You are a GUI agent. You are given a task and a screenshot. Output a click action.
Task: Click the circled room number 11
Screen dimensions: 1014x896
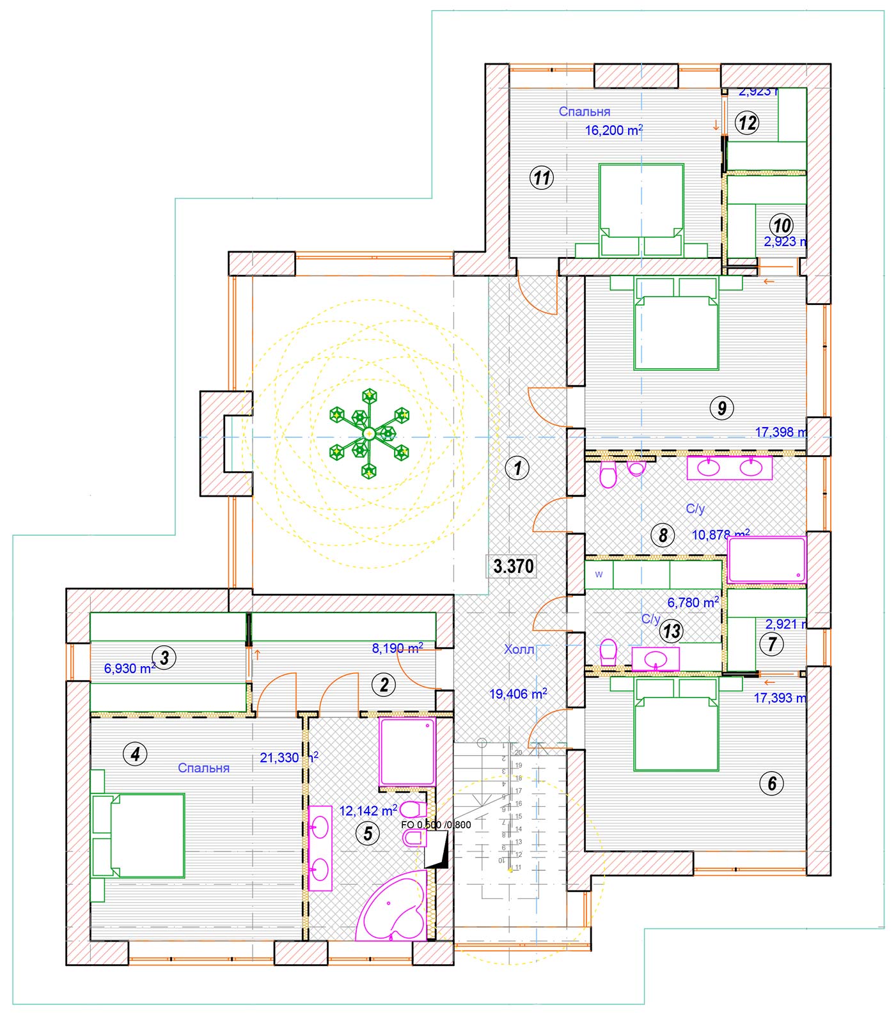click(542, 177)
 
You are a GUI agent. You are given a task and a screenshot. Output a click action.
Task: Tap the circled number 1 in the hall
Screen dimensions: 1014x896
click(517, 468)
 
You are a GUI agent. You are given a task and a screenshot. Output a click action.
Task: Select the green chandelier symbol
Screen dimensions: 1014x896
click(369, 433)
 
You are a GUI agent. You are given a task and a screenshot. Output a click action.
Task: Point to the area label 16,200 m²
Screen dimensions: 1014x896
click(613, 131)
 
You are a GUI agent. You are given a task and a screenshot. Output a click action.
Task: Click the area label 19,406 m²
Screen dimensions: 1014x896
click(517, 693)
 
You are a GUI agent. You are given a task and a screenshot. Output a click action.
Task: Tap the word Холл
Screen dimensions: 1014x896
click(519, 650)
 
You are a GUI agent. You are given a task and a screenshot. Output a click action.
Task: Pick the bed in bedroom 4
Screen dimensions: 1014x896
click(147, 835)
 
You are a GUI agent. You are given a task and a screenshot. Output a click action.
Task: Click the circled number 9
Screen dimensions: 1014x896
click(722, 407)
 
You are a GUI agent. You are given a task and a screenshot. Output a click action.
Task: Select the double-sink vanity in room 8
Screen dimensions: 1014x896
click(729, 467)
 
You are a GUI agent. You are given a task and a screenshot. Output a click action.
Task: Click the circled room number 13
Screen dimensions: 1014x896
click(672, 632)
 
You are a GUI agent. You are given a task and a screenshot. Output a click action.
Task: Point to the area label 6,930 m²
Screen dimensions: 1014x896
click(129, 669)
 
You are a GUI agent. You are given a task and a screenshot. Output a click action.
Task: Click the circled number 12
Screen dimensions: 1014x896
click(747, 122)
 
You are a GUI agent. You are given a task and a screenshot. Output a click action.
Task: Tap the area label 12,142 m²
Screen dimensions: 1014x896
click(368, 811)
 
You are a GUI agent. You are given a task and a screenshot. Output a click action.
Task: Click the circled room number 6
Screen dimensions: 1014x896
click(772, 783)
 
